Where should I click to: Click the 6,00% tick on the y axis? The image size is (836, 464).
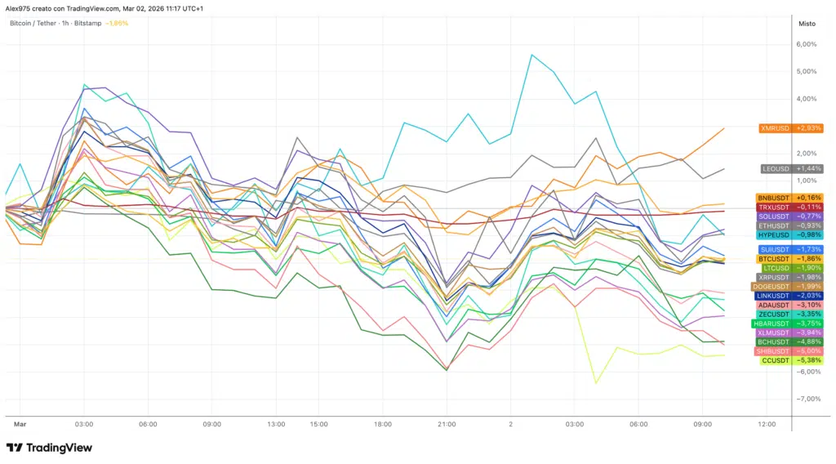click(806, 44)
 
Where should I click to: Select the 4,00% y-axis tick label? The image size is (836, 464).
click(806, 99)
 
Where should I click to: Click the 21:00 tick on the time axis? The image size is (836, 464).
click(446, 425)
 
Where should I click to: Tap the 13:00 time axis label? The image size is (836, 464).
click(276, 425)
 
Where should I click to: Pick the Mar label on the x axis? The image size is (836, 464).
click(20, 425)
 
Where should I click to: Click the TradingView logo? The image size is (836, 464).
click(49, 448)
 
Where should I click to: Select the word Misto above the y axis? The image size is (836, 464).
click(807, 24)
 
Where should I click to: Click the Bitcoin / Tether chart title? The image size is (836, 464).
click(33, 23)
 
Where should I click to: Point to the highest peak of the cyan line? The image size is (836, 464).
click(531, 55)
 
